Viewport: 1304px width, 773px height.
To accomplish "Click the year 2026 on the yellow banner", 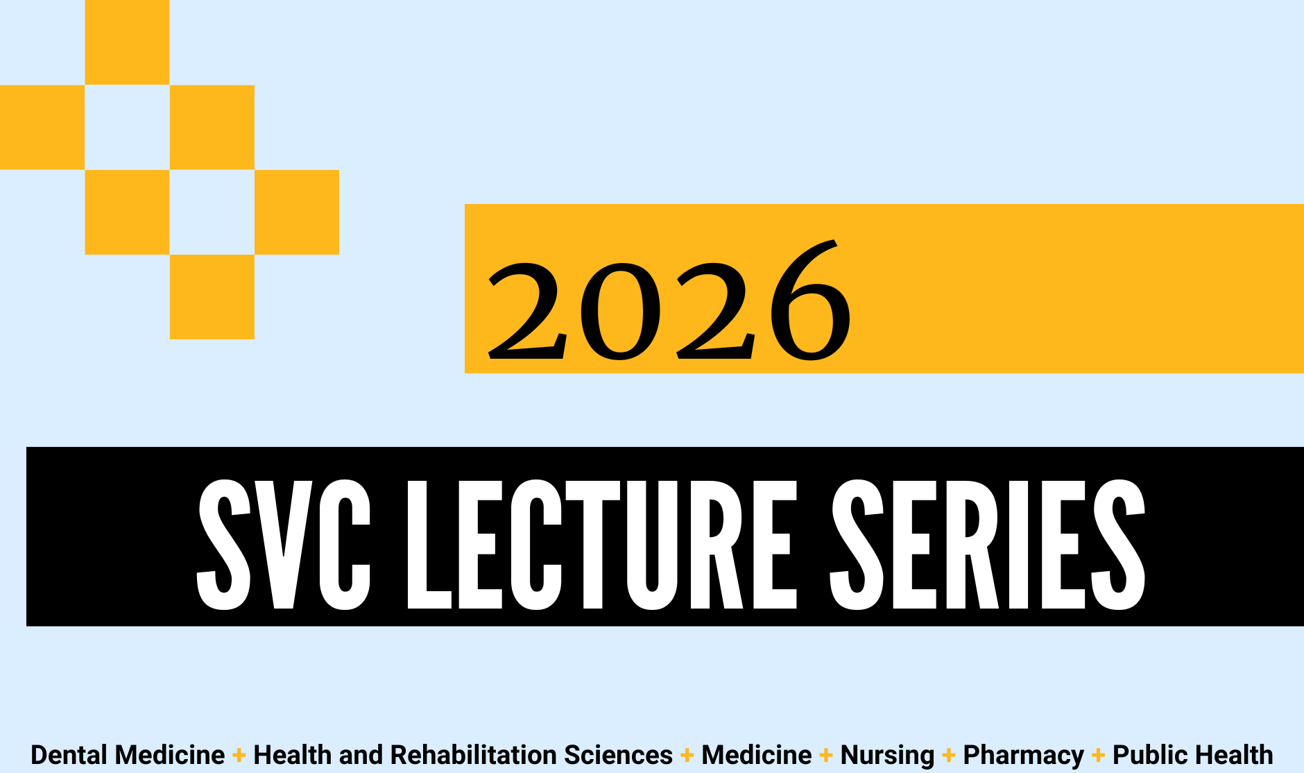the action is (669, 300).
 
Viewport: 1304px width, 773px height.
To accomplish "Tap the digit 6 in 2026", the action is (810, 300).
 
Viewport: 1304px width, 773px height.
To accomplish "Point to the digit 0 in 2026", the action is (620, 312).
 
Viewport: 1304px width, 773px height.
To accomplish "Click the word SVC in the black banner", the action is (284, 545).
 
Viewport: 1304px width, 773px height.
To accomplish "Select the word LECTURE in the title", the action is (602, 545).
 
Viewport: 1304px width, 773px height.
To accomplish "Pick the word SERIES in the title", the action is (988, 545).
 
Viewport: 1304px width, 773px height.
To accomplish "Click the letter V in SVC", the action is (284, 545).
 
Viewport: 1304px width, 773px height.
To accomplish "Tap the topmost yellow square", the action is (127, 42).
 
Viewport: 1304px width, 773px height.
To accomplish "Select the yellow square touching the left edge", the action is (42, 127).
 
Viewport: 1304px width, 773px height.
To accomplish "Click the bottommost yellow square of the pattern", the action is (212, 297).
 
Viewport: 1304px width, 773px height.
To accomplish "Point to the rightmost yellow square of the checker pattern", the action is (297, 212).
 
